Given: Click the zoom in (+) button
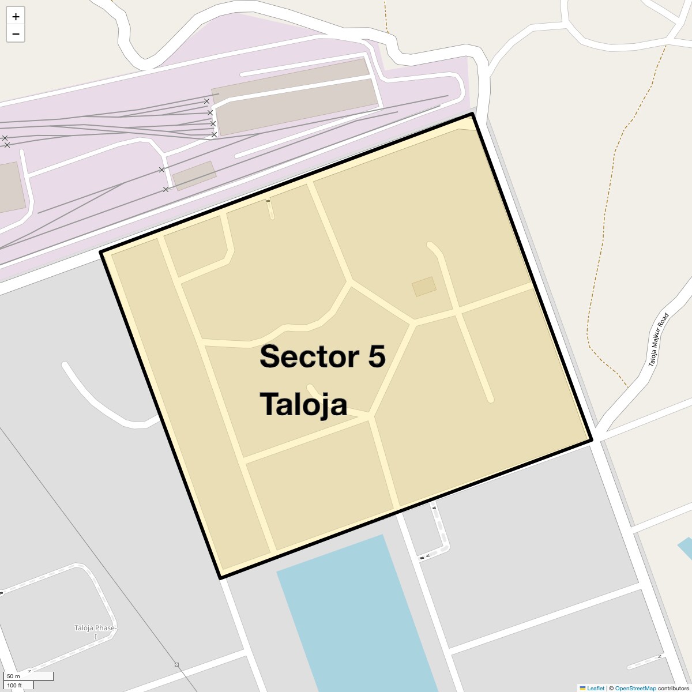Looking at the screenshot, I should pos(16,17).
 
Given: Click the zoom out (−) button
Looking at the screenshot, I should pos(16,34).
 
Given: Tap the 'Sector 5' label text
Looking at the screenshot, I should pos(322,356).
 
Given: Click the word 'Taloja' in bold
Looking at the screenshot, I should pos(303,404).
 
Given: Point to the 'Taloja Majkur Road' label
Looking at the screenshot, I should pos(658,340).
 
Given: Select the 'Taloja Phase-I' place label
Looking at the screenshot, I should pos(95,632).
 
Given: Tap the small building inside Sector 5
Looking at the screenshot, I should pos(424,287).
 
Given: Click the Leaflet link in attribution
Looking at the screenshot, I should pos(596,688).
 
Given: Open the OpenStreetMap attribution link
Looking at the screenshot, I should pos(635,688).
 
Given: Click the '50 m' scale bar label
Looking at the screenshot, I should pos(13,676).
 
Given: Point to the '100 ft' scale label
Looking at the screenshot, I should pos(14,686).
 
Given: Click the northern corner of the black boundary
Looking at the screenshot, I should pos(472,114).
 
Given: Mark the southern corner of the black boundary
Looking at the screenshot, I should pos(220,577).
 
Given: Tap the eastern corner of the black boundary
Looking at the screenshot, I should pos(592,441).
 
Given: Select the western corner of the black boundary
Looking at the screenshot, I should pos(101,252).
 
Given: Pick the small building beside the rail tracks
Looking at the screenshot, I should pos(194,175).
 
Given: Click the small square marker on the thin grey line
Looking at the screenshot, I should pos(176,665).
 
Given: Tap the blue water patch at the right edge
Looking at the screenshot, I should pos(686,547).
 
